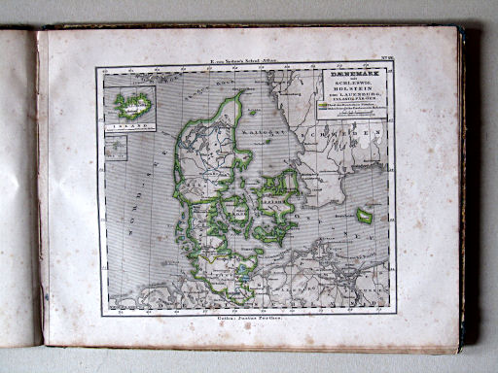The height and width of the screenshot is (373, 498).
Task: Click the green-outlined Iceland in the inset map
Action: (131, 103)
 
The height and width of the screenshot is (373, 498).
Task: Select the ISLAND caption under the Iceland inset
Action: (131, 124)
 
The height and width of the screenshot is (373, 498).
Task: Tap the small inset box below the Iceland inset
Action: (117, 147)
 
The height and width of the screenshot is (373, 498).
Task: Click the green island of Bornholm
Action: (364, 216)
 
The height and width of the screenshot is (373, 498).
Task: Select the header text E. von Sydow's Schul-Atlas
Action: (246, 61)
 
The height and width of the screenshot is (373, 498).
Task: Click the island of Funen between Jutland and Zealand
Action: (236, 207)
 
